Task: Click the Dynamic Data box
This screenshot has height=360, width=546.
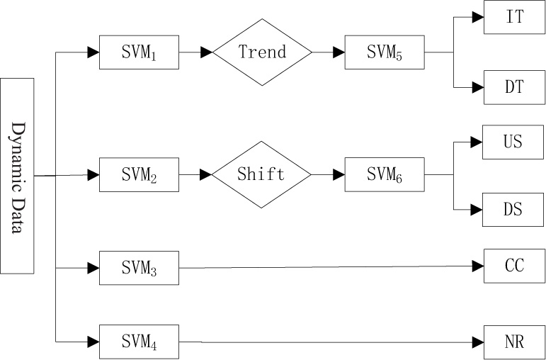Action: [17, 176]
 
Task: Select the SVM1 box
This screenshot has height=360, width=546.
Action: [139, 52]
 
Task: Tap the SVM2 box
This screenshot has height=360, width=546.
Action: [139, 174]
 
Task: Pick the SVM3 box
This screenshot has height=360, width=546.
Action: [139, 268]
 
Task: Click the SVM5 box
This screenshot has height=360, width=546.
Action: [385, 52]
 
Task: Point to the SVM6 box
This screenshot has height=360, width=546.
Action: [385, 174]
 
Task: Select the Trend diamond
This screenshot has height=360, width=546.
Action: [262, 52]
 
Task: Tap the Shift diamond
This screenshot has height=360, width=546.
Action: [262, 174]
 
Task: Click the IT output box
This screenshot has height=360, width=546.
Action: [514, 17]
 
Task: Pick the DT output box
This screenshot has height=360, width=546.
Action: [514, 87]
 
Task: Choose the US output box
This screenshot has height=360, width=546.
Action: [514, 141]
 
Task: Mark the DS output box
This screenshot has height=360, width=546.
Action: [514, 209]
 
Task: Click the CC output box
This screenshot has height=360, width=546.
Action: [514, 266]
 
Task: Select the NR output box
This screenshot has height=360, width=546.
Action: [514, 342]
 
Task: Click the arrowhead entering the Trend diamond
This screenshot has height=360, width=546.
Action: [207, 52]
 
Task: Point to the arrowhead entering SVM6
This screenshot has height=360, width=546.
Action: [339, 174]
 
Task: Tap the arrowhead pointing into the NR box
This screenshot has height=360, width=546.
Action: [478, 342]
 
